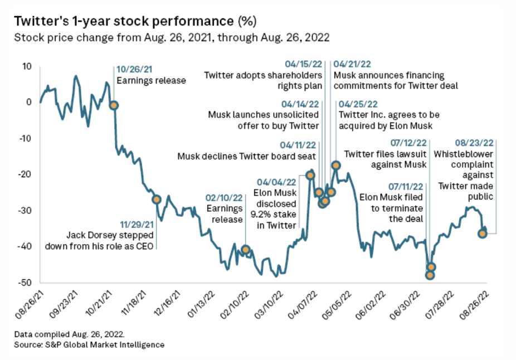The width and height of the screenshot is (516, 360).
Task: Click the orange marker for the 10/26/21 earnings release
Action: [114, 105]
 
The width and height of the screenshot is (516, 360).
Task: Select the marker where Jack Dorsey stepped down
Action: [157, 200]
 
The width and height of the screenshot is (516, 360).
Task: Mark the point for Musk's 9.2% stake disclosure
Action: [310, 176]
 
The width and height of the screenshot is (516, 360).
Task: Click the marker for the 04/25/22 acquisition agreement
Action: [336, 165]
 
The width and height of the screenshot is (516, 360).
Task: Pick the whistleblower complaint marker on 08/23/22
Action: [483, 233]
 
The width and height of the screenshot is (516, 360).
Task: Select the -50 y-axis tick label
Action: [26, 283]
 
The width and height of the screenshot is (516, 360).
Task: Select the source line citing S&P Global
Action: [90, 345]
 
